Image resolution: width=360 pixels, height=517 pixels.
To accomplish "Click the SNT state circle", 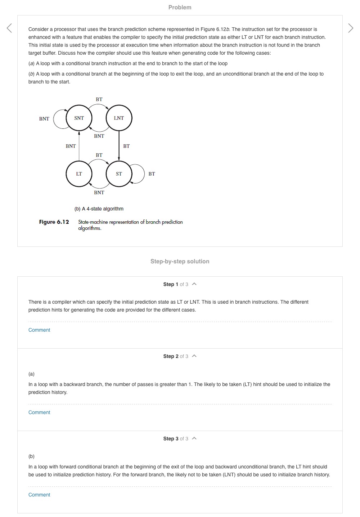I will [x=79, y=118].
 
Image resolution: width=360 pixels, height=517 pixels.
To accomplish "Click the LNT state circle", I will [x=119, y=118].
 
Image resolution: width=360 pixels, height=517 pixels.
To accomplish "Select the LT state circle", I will [x=79, y=174].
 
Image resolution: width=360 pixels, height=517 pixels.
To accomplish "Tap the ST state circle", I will [x=119, y=174].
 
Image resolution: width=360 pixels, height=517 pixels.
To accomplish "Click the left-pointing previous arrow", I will [x=9, y=28].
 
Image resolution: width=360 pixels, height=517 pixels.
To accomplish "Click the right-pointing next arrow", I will [x=351, y=28].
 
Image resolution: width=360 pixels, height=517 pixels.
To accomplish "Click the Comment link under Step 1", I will [x=39, y=330].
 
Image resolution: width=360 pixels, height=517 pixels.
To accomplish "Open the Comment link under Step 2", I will [x=39, y=412].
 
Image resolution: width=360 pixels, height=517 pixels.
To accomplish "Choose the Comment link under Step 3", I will [x=39, y=495].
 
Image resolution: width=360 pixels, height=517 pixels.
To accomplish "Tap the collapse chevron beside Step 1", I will [x=194, y=284].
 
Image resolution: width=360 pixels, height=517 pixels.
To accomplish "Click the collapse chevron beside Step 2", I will [x=194, y=356].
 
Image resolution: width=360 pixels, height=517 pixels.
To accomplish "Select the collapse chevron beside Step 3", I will [x=194, y=439].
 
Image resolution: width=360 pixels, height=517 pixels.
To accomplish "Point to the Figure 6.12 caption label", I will [x=54, y=222].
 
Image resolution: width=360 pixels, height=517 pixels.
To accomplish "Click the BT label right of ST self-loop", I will [x=152, y=174].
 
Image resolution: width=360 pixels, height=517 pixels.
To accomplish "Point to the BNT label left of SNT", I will [x=44, y=119].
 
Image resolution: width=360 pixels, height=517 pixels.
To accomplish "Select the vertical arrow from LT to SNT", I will [x=79, y=146].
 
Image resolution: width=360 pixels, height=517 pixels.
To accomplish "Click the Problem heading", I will [x=180, y=7].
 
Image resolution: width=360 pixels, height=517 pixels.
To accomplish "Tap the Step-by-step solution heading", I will [x=180, y=262].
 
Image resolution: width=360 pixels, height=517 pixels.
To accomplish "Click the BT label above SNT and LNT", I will [x=99, y=99].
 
